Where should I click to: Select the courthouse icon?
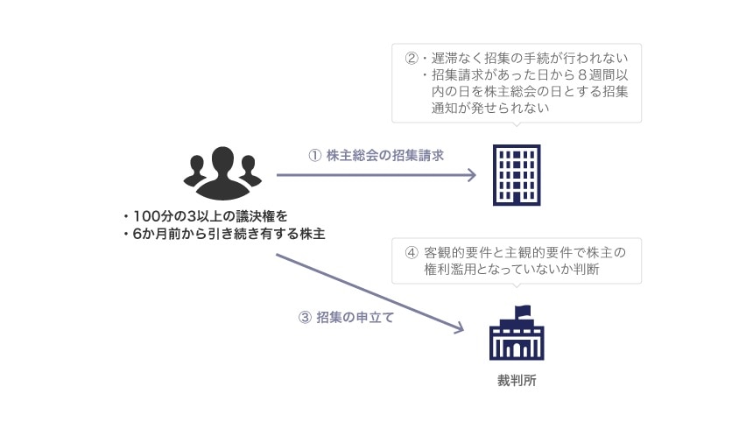[516, 336]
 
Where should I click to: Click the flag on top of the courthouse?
[523, 309]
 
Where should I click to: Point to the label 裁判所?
[515, 382]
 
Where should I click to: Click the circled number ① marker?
[315, 156]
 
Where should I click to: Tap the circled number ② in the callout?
[412, 60]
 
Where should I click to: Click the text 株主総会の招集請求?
[385, 156]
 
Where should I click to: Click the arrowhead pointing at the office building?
[470, 175]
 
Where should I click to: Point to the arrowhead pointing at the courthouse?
[457, 329]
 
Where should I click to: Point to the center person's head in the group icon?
[222, 158]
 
